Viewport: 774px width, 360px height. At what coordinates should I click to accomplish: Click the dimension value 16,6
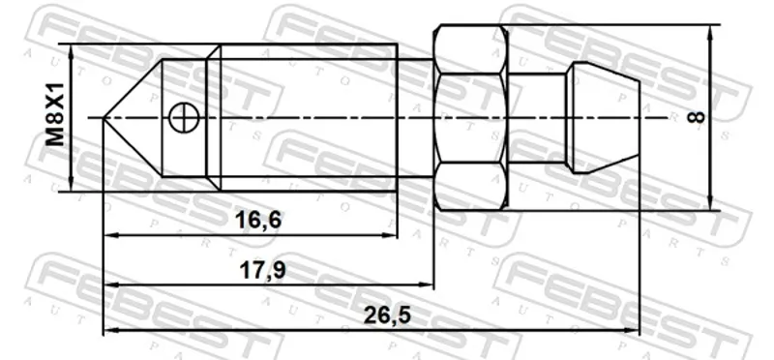click(x=258, y=220)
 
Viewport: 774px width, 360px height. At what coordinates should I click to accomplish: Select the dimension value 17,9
click(x=261, y=270)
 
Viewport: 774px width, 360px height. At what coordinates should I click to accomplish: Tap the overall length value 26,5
click(x=387, y=315)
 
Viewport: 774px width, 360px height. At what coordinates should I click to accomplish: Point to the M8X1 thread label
click(x=55, y=114)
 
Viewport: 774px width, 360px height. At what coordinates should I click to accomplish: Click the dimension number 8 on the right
click(x=697, y=117)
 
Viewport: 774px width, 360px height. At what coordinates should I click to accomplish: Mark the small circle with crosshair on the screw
click(x=183, y=117)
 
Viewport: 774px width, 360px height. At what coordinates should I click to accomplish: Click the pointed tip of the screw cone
click(x=104, y=117)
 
